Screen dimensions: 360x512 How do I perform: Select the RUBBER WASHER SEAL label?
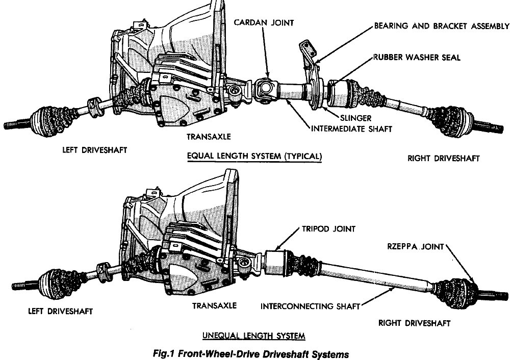[x=416, y=57]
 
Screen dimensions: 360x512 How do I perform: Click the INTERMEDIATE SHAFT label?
[x=351, y=129]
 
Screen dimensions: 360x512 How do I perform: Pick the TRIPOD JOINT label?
[x=331, y=229]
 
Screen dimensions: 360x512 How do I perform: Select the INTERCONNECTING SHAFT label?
[x=310, y=306]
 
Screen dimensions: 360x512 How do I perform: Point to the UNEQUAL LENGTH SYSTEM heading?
[x=254, y=336]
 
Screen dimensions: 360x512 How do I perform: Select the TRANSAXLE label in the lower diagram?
[x=214, y=305]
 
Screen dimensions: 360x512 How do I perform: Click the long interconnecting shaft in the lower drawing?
[x=357, y=275]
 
